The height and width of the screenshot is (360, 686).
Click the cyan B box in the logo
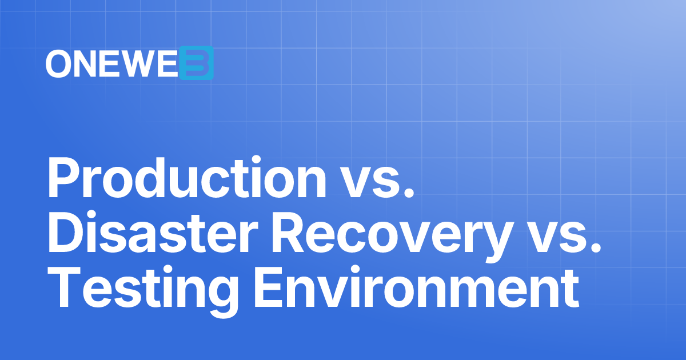(196, 63)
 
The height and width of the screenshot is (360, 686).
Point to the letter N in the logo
(86, 63)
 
